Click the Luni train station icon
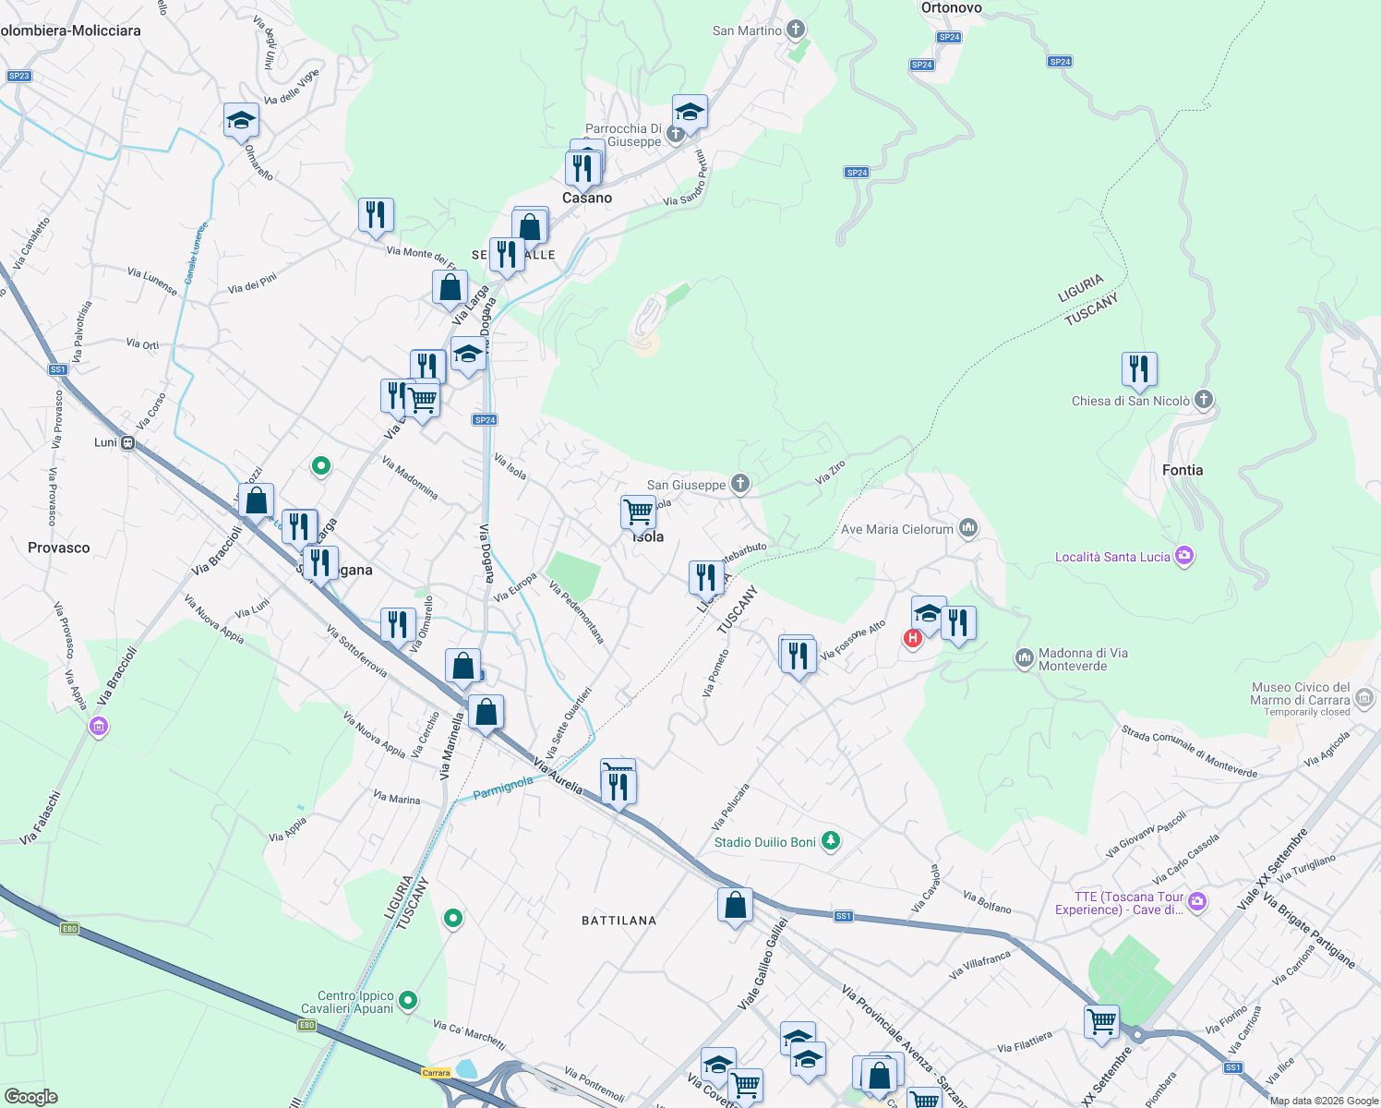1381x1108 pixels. [128, 442]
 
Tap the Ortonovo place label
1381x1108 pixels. [951, 8]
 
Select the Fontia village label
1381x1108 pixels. [1182, 470]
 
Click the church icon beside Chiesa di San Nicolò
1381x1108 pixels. [1203, 400]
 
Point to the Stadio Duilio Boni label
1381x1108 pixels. [765, 842]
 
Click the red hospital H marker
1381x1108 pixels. [913, 638]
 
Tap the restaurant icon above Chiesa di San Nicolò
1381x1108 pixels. [1139, 369]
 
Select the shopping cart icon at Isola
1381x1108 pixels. [638, 512]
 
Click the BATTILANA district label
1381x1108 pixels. [618, 921]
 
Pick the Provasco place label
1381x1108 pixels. [59, 548]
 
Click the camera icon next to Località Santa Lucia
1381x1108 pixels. [1185, 556]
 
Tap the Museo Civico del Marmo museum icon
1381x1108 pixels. [1365, 698]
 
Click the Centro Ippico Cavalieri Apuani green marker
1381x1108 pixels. [408, 1001]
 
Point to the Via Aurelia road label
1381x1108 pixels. [558, 777]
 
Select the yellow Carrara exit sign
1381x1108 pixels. [436, 1072]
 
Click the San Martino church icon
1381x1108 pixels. [796, 30]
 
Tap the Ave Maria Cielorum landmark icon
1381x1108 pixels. [967, 528]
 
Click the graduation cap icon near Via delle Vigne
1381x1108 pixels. [241, 121]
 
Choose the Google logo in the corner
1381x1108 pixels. [30, 1097]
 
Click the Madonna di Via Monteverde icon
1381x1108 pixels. [1024, 657]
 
